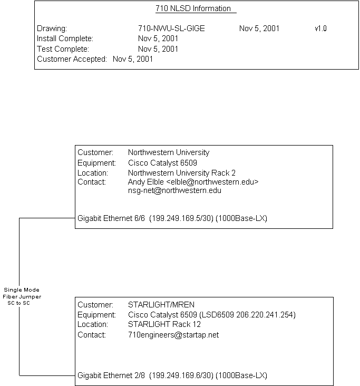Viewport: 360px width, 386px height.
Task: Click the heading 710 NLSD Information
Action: click(x=193, y=8)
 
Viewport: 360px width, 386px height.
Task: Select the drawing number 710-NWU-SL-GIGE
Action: click(x=171, y=28)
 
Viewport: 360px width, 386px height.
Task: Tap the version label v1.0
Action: click(x=320, y=28)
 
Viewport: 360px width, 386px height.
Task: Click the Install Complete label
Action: click(x=65, y=38)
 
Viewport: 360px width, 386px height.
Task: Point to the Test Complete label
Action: click(x=63, y=49)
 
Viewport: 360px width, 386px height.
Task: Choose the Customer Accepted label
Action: click(x=72, y=59)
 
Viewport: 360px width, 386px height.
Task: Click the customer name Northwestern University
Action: click(x=169, y=152)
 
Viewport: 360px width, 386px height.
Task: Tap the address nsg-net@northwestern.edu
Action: click(x=174, y=190)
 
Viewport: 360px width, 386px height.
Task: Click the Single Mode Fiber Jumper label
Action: click(x=21, y=297)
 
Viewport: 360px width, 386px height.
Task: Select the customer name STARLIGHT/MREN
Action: click(x=161, y=304)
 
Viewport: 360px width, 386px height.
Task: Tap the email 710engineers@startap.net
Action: click(x=173, y=335)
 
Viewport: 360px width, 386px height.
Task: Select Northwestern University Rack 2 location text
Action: click(x=182, y=172)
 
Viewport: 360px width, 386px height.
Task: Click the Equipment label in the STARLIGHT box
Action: click(x=96, y=315)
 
